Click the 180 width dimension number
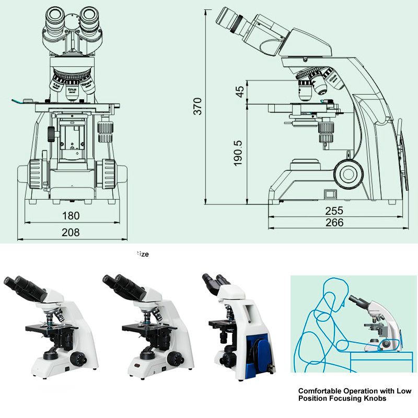[71, 216]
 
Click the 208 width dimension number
[71, 233]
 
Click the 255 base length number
[334, 211]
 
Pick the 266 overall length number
[334, 223]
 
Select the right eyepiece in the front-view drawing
[90, 21]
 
